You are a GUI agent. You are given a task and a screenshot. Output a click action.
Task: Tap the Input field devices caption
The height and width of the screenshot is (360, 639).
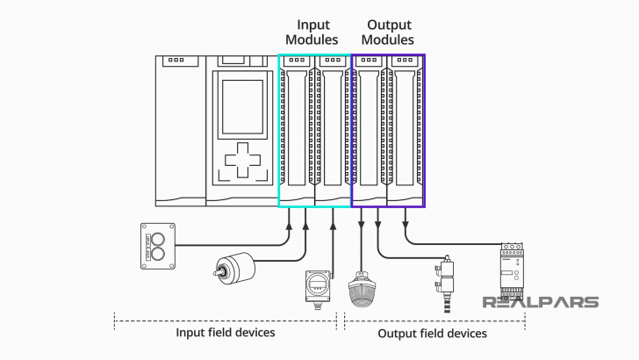(226, 333)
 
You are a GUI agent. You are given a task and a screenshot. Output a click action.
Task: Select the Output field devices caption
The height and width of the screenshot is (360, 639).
(432, 333)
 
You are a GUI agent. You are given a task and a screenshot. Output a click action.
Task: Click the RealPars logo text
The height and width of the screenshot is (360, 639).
(541, 302)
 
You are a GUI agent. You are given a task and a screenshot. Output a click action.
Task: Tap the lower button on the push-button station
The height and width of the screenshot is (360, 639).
(159, 255)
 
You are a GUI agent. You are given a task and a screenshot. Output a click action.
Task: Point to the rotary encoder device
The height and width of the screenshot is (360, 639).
(235, 269)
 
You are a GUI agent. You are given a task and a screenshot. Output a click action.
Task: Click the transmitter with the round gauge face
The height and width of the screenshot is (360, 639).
(318, 285)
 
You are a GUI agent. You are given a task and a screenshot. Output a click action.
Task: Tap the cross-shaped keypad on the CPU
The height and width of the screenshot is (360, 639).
(242, 162)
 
